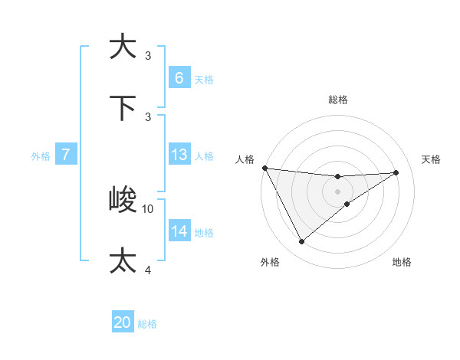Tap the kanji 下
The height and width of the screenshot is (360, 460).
point(123,107)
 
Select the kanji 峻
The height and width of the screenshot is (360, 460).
point(123,200)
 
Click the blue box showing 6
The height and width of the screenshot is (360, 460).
point(179,77)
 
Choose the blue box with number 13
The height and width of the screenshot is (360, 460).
point(179,155)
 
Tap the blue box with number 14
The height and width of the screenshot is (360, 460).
point(179,231)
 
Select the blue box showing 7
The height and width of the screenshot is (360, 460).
point(66,155)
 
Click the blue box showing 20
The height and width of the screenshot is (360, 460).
point(123,322)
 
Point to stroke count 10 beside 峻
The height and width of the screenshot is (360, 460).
point(148,208)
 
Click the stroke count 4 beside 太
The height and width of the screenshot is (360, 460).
point(148,270)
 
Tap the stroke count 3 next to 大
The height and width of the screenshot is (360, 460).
point(148,55)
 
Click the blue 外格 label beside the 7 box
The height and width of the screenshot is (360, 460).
point(41,156)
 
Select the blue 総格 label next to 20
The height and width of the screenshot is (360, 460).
point(147,324)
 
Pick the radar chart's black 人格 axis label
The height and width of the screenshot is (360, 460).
point(245,159)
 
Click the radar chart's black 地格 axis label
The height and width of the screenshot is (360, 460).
point(402,262)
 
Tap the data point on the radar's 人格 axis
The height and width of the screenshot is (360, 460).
point(264,168)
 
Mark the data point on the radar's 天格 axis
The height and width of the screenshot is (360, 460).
point(396,172)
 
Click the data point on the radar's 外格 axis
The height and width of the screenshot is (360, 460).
point(301,242)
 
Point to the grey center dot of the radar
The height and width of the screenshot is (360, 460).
point(337,191)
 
